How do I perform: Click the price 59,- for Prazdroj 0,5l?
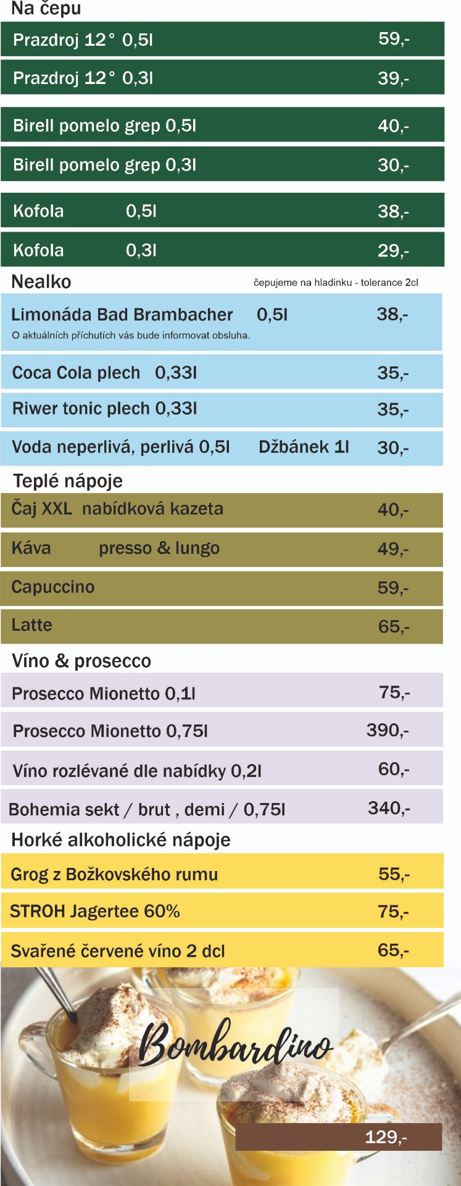coord(394,39)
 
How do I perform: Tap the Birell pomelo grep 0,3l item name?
coord(104,165)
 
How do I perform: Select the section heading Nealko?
coord(41,282)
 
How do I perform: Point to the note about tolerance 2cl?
coord(336,282)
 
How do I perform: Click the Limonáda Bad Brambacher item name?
coord(122,314)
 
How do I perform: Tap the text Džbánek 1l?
coord(304,447)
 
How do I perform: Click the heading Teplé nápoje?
coord(68,481)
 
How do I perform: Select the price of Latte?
coord(393,626)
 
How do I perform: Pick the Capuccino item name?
coord(53,587)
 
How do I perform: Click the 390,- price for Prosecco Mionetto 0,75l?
coord(388,730)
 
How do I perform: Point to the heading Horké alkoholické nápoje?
coord(121,840)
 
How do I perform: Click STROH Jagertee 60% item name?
coord(95,911)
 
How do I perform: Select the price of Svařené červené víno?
coord(393,950)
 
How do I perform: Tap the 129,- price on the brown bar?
coord(386,1137)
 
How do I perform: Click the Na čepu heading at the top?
coord(46,9)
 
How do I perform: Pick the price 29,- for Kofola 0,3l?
coord(393,250)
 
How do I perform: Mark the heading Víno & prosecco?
coord(81,661)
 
